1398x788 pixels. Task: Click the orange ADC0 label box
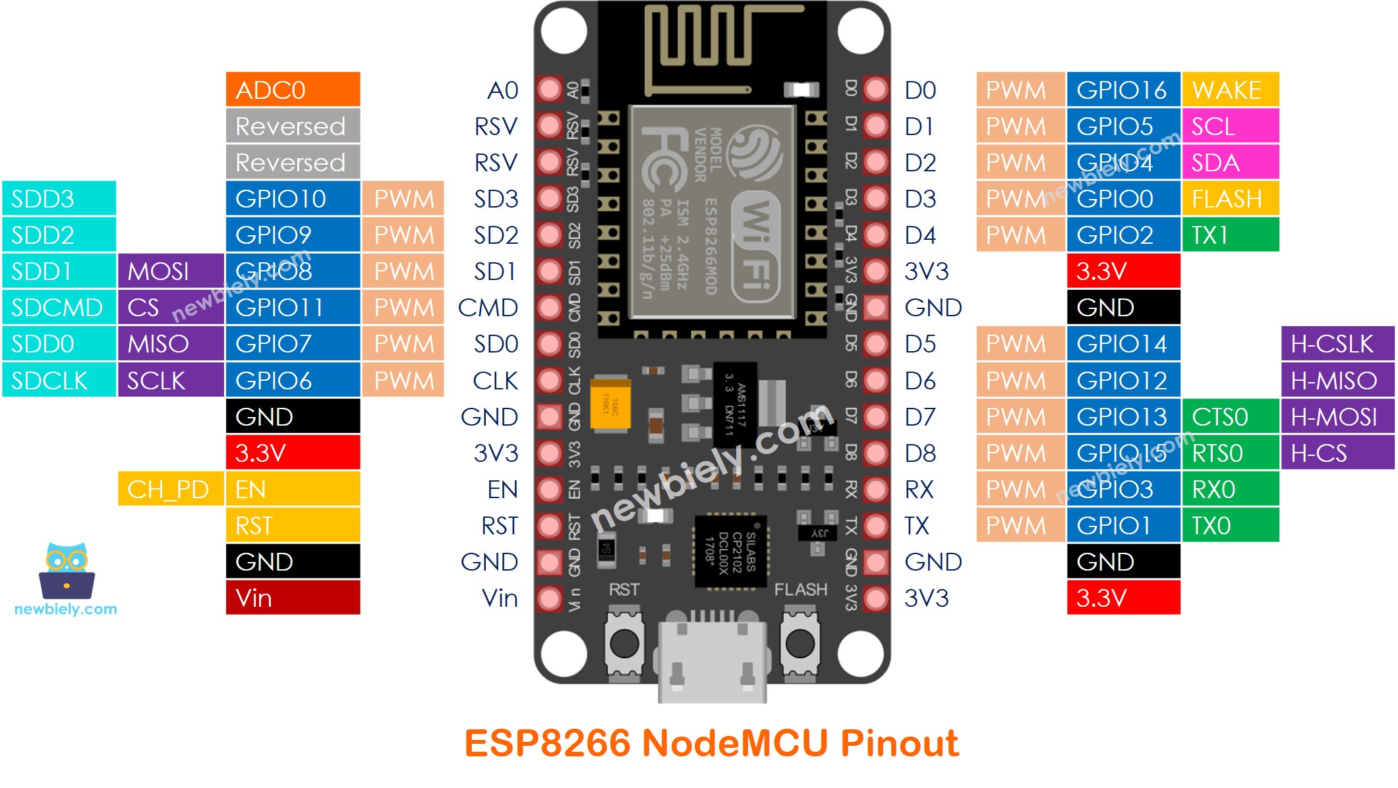[293, 90]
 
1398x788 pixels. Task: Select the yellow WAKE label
[1230, 90]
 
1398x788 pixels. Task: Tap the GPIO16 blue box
[1123, 90]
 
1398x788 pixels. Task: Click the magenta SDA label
[1230, 163]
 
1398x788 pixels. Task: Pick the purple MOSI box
[171, 271]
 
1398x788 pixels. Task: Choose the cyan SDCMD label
[59, 308]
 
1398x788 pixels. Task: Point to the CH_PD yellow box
[170, 490]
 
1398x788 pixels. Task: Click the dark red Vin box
[293, 598]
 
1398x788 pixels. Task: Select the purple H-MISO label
[1337, 381]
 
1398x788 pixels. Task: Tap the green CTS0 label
[1230, 417]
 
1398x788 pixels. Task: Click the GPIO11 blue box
[293, 308]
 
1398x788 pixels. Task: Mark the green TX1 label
[1230, 235]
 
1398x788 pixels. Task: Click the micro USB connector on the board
[712, 659]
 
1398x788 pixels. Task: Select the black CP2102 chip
[730, 551]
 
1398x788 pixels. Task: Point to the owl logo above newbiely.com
[67, 571]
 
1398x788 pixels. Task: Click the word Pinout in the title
[899, 743]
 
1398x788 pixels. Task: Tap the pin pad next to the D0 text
[876, 90]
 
